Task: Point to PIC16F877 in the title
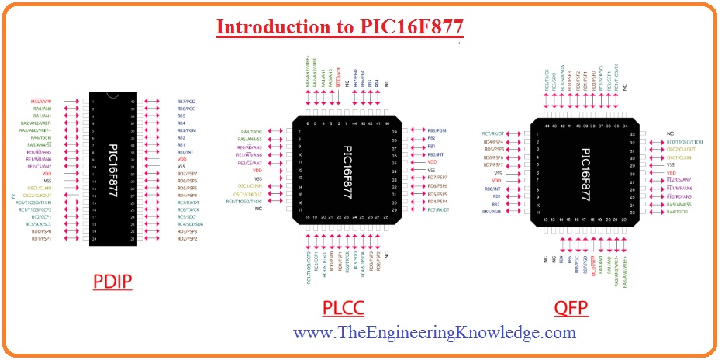point(412,27)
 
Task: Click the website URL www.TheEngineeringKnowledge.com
point(434,333)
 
